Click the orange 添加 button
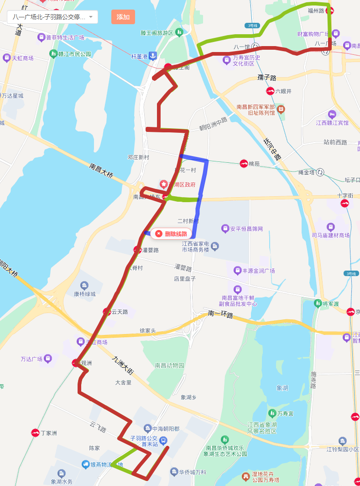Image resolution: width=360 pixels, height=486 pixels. (123, 17)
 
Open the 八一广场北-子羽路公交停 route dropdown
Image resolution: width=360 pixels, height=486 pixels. (52, 17)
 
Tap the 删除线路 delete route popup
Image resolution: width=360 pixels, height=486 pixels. (172, 234)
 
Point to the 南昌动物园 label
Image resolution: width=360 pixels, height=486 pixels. (169, 365)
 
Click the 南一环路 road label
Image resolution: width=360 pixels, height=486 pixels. (220, 314)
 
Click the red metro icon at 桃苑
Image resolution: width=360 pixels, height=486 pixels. (244, 163)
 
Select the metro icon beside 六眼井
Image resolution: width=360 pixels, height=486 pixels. (270, 91)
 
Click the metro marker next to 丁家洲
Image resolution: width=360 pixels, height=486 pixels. (35, 433)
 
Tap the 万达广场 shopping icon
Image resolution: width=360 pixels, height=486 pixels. (48, 359)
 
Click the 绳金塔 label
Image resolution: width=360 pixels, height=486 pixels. (306, 172)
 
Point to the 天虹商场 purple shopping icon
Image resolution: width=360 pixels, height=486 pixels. (6, 58)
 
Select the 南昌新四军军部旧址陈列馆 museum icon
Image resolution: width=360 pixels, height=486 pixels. (281, 109)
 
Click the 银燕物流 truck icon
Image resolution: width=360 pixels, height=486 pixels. (85, 464)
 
